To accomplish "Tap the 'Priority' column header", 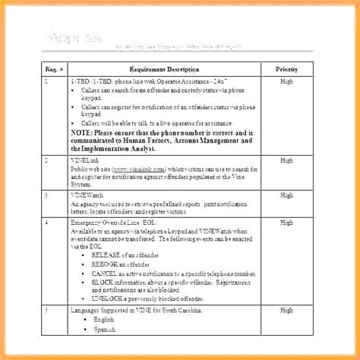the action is pyautogui.click(x=286, y=68).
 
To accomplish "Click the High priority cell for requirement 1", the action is pyautogui.click(x=286, y=81).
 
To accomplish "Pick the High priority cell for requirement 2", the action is pyautogui.click(x=286, y=160).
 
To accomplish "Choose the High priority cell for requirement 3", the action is pyautogui.click(x=286, y=194).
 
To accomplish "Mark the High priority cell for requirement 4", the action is pyautogui.click(x=286, y=221).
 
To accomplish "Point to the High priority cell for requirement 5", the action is pyautogui.click(x=286, y=311).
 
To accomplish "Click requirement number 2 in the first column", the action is pyautogui.click(x=47, y=160).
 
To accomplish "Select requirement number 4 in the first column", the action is pyautogui.click(x=47, y=221).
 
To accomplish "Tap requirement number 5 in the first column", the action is pyautogui.click(x=47, y=311).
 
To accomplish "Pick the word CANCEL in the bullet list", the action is pyautogui.click(x=105, y=271).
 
